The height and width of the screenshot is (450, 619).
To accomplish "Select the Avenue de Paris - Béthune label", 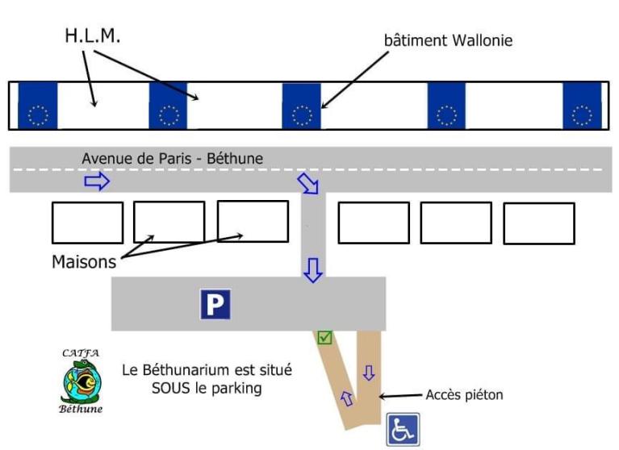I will click(172, 159).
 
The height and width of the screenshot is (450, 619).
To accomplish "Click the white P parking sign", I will click(215, 303).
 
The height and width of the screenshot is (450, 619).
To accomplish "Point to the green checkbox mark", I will click(324, 337).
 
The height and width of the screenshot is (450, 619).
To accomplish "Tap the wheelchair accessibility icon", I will click(401, 430).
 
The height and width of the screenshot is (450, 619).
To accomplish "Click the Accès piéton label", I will click(464, 394).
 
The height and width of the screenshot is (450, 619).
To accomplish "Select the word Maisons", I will click(84, 261).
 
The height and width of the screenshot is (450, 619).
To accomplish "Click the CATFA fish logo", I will click(82, 381).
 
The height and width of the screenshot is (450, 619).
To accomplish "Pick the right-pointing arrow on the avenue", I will click(96, 182).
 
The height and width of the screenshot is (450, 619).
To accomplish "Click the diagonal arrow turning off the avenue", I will click(309, 183).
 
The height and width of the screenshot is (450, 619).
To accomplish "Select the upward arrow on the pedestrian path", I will click(348, 397).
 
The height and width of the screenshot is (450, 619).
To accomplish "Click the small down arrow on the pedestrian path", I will click(369, 373).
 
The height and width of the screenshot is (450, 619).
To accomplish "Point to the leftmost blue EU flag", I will click(38, 106).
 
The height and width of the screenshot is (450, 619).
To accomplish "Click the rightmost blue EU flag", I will click(582, 106).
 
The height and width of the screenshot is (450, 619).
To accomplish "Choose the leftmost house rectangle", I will click(87, 223).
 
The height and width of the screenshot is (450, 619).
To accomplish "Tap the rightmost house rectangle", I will click(538, 223).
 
